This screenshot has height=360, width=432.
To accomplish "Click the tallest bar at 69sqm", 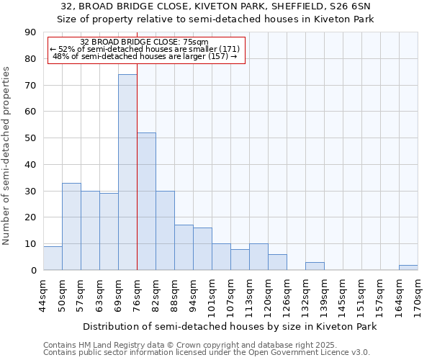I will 127,173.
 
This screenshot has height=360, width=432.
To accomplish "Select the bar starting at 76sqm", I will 146,202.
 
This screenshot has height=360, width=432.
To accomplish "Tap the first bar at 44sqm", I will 53,258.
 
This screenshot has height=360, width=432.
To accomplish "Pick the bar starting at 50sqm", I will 71,227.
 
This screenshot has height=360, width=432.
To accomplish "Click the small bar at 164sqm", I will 408,268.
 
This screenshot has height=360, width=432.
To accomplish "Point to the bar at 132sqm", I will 315,266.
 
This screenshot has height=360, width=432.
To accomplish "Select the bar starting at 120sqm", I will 277,263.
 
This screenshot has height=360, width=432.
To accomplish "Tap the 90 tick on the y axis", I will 30,32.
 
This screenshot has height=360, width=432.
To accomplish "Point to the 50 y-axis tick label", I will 30,138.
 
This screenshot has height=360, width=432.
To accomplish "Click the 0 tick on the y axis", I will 33,271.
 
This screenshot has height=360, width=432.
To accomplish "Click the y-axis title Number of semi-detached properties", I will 6,156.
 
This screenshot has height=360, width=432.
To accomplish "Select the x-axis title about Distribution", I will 230,327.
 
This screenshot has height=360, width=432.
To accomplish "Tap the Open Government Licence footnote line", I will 206,353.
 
